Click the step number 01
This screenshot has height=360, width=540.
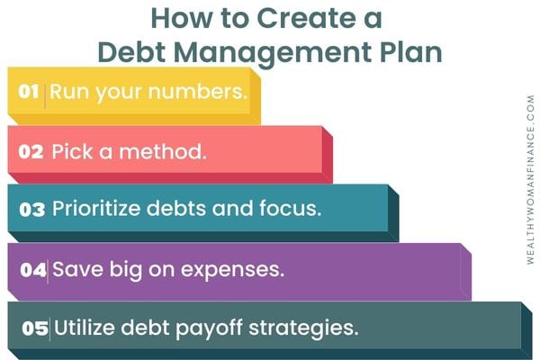pyautogui.click(x=28, y=92)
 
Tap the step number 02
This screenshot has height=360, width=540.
pyautogui.click(x=31, y=151)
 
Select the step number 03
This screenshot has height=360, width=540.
pyautogui.click(x=32, y=209)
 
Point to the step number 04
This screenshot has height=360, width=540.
pyautogui.click(x=33, y=269)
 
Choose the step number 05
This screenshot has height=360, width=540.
pyautogui.click(x=35, y=328)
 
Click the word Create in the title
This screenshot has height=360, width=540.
pyautogui.click(x=307, y=18)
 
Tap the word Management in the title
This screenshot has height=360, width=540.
pyautogui.click(x=272, y=53)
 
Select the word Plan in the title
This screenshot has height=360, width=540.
pyautogui.click(x=411, y=52)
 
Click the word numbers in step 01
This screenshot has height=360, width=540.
pyautogui.click(x=198, y=92)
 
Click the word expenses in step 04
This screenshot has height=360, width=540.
pyautogui.click(x=233, y=270)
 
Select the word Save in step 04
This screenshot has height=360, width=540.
pyautogui.click(x=77, y=269)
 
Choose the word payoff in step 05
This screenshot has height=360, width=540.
pyautogui.click(x=210, y=328)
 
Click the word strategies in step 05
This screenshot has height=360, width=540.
pyautogui.click(x=303, y=328)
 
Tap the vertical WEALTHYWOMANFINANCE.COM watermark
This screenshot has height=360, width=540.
pyautogui.click(x=530, y=180)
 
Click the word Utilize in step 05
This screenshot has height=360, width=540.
pyautogui.click(x=85, y=327)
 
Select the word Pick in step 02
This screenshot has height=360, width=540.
pyautogui.click(x=72, y=151)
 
